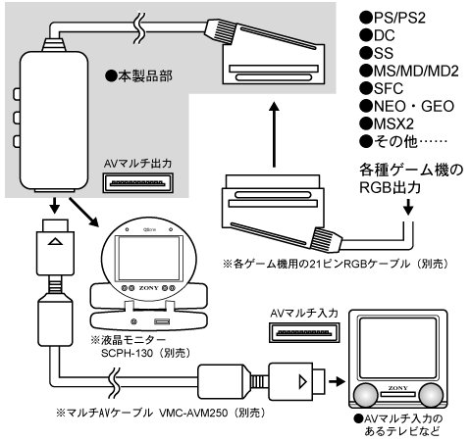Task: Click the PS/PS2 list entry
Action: pos(392,18)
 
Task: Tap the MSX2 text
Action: pos(387,123)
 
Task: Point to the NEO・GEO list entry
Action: pos(406,106)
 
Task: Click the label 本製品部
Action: pos(138,76)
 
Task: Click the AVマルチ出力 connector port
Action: pos(137,183)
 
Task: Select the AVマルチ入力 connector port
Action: pos(304,332)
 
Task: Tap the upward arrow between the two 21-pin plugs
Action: pos(274,134)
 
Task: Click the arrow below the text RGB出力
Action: pos(408,207)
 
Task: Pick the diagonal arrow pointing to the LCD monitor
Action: pos(83,212)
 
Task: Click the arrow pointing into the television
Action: pos(337,381)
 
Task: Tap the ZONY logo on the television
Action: pos(397,388)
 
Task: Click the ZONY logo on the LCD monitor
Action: pos(148,288)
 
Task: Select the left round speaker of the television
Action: pos(365,395)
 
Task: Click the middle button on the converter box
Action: pos(17,117)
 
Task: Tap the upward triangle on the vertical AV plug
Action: pos(55,241)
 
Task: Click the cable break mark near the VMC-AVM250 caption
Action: pos(115,376)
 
